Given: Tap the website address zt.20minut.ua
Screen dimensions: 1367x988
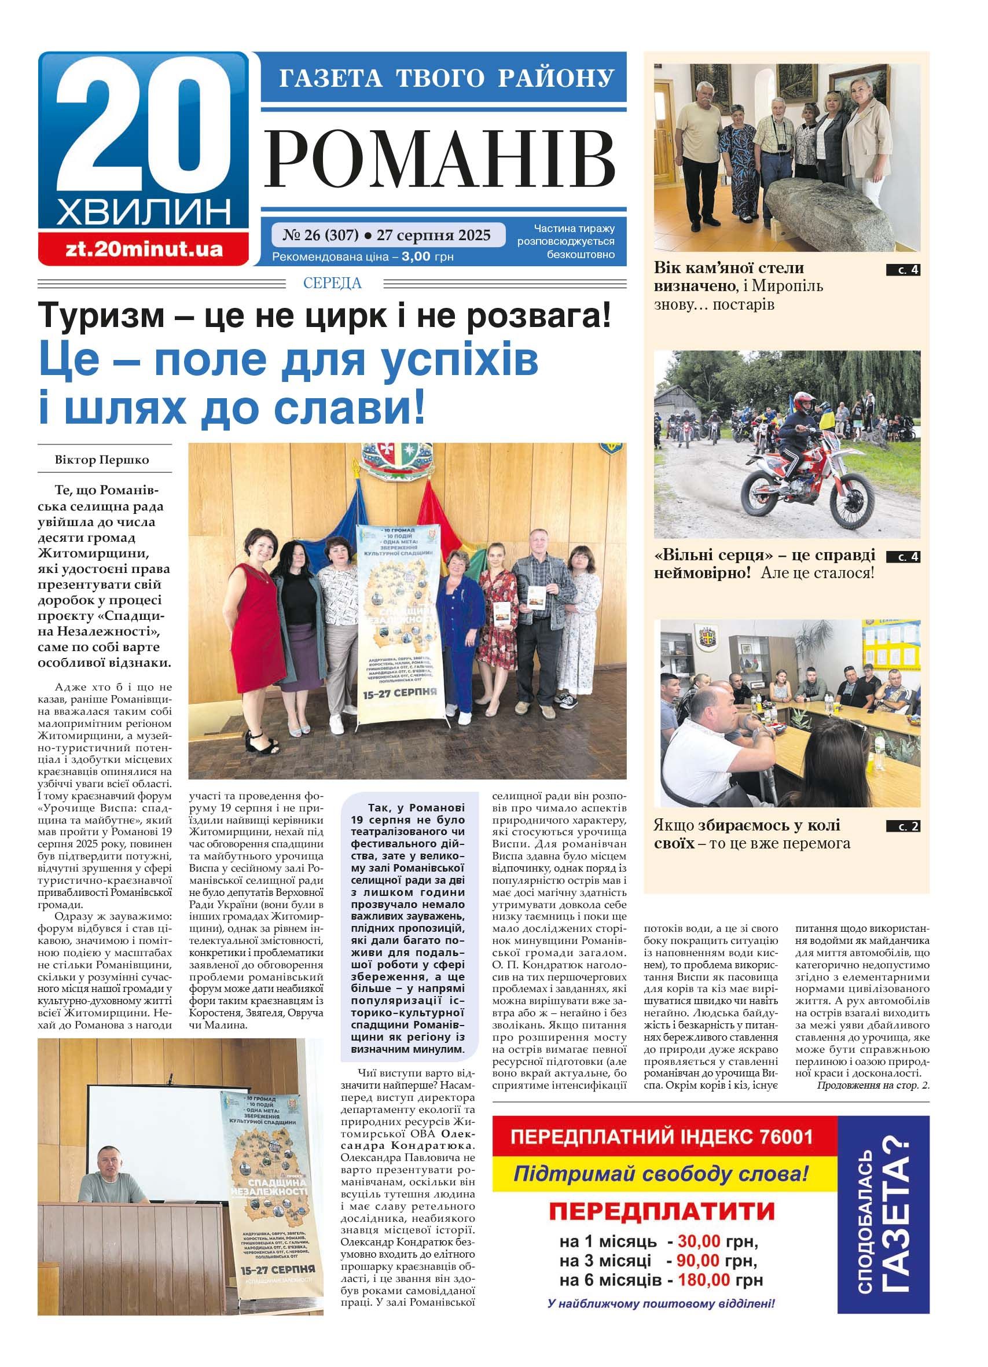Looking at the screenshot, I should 144,249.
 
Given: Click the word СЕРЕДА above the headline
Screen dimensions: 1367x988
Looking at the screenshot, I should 332,283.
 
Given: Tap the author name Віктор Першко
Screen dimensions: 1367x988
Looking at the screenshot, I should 102,460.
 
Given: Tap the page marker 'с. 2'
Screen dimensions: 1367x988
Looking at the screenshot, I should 902,826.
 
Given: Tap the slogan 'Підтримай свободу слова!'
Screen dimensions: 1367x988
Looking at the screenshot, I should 660,1175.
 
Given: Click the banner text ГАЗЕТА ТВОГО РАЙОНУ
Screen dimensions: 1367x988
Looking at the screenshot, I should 446,78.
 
